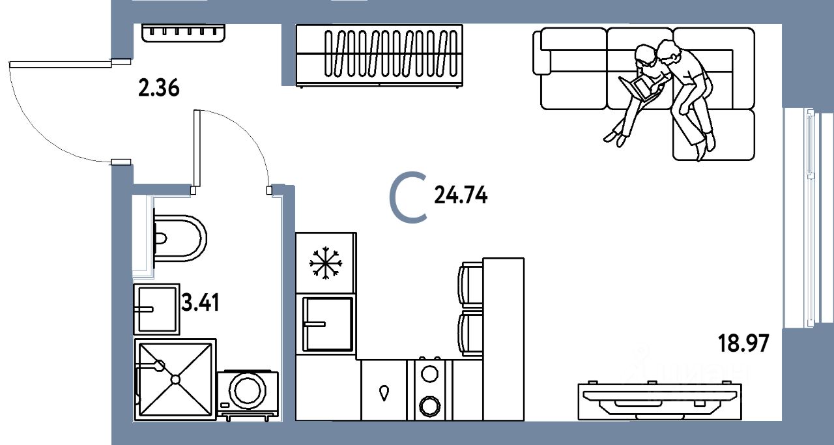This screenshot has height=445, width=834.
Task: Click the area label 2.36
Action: [x=158, y=87]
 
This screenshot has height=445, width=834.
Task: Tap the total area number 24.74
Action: [x=461, y=195]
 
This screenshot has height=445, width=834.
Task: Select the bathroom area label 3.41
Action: [x=200, y=303]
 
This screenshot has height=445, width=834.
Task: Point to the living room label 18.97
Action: [x=743, y=342]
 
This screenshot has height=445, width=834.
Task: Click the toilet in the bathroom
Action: [x=179, y=238]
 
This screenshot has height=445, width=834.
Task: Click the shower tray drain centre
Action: [x=175, y=379]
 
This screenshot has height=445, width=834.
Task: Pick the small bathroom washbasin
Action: [x=156, y=309]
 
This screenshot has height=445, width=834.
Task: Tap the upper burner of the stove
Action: [x=429, y=374]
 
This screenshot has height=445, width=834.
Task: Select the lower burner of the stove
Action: [x=429, y=405]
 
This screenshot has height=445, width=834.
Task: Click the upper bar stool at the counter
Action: [x=471, y=283]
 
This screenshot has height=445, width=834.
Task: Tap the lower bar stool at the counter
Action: [x=471, y=334]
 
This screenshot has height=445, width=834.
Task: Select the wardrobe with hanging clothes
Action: [x=380, y=56]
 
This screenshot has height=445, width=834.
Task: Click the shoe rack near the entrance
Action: [x=183, y=33]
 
